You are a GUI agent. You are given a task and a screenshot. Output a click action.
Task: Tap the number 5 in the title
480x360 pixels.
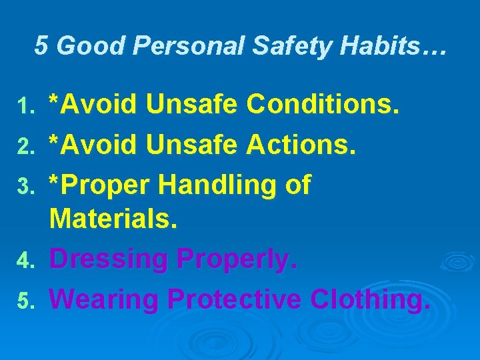41,46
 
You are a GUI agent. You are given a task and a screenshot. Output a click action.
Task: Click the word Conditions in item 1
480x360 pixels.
323,104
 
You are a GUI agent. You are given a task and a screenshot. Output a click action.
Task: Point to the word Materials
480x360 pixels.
113,218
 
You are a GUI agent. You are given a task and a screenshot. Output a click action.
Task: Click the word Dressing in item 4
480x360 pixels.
108,260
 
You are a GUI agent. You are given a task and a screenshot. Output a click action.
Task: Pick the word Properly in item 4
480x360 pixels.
235,260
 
